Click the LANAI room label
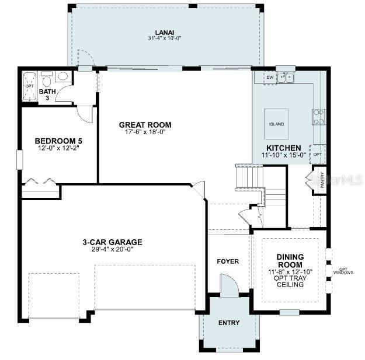tap(165, 32)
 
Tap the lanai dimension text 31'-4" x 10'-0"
tap(165, 39)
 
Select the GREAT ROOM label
tap(145, 124)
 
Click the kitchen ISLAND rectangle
tap(277, 124)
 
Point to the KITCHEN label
tap(283, 148)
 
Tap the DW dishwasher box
tap(269, 78)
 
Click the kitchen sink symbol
tap(286, 77)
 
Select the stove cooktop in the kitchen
tap(319, 117)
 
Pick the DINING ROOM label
tap(290, 260)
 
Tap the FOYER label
tap(228, 261)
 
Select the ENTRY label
tap(228, 323)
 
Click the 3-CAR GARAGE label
tap(112, 242)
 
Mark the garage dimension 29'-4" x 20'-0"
tap(112, 249)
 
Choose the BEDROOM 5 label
tap(58, 141)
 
